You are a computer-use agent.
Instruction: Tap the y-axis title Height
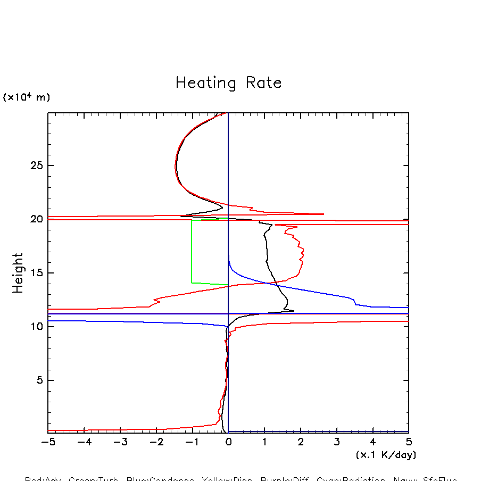coord(18,272)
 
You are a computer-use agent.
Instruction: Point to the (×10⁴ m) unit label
coord(26,97)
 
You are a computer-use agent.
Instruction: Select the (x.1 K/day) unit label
coord(386,455)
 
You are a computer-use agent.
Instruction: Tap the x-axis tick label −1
coord(192,442)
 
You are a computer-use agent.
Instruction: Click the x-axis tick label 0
coord(228,442)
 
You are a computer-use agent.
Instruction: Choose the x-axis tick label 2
coord(301,442)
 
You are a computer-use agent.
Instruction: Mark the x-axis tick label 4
coord(372,442)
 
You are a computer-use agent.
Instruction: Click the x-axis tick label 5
coord(409,442)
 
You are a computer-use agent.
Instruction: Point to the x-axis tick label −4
coord(84,442)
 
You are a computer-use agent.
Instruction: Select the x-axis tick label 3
coord(337,442)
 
